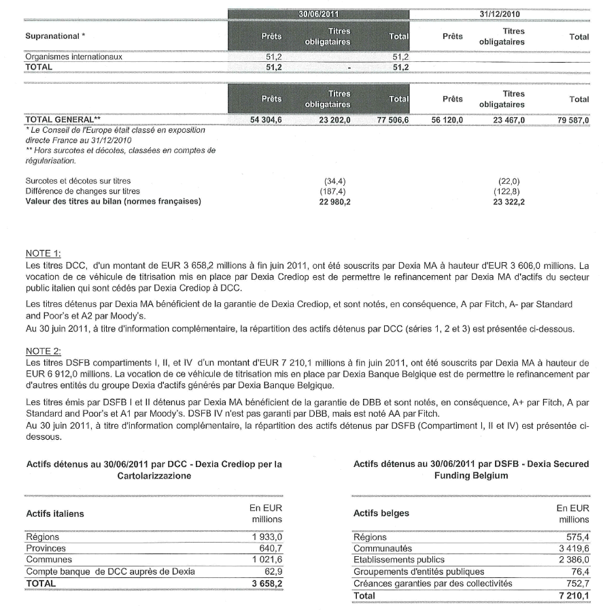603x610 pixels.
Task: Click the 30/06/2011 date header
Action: pyautogui.click(x=319, y=14)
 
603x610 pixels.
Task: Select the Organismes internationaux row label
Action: pyautogui.click(x=73, y=57)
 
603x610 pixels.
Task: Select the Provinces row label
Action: pyautogui.click(x=46, y=548)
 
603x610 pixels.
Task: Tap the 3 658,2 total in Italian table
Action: pyautogui.click(x=266, y=584)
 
